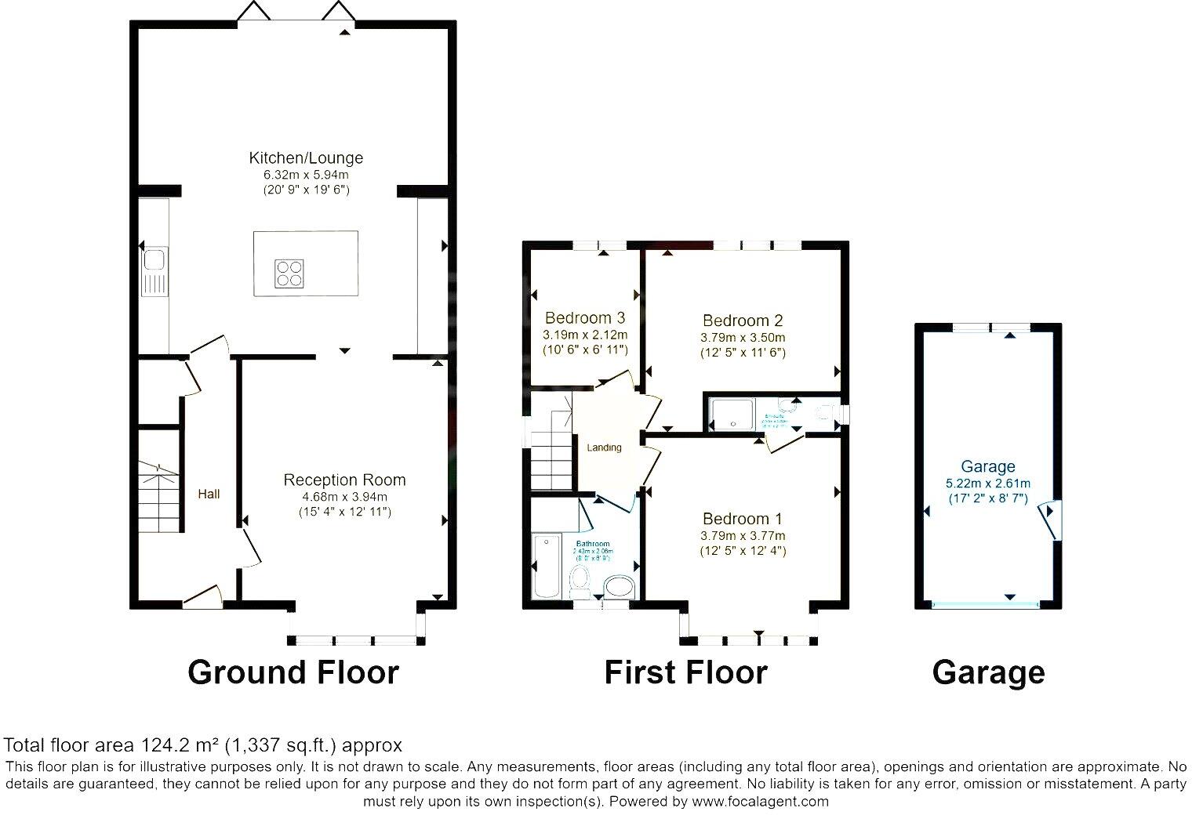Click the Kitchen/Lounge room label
click(306, 158)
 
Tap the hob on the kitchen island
click(288, 273)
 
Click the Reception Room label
click(344, 480)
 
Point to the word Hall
click(209, 494)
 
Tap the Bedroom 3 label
click(585, 318)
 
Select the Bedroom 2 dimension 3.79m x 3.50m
click(743, 337)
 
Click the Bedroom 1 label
click(742, 519)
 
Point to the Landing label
click(604, 447)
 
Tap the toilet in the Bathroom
click(580, 580)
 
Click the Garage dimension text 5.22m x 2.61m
click(988, 483)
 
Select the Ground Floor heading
click(293, 672)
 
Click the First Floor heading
click(685, 672)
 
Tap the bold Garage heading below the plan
click(988, 672)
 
